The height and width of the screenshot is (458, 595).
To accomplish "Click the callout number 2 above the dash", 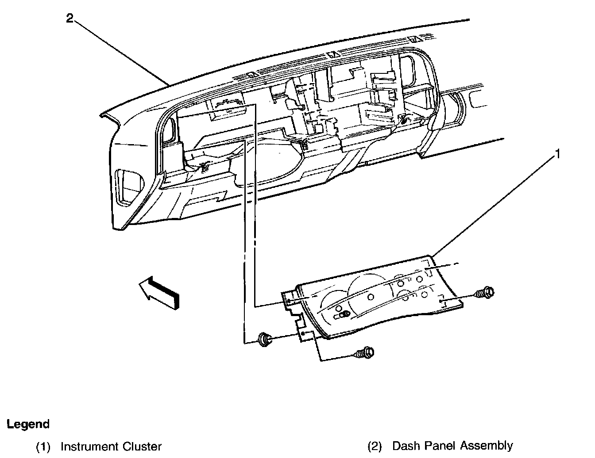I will point(70,19).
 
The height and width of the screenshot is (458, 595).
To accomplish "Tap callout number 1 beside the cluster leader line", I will point(558,154).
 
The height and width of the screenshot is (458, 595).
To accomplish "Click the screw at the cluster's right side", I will point(485,292).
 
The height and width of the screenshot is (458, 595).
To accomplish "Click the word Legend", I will point(28,424).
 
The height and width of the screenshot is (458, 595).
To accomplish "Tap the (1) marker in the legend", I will point(43,447).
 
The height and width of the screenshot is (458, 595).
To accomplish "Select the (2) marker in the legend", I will point(375,446).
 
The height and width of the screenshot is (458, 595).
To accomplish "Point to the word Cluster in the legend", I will point(143,447).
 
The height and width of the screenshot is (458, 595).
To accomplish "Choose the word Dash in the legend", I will point(406,446).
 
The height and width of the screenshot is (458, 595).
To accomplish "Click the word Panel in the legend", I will point(441,446).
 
